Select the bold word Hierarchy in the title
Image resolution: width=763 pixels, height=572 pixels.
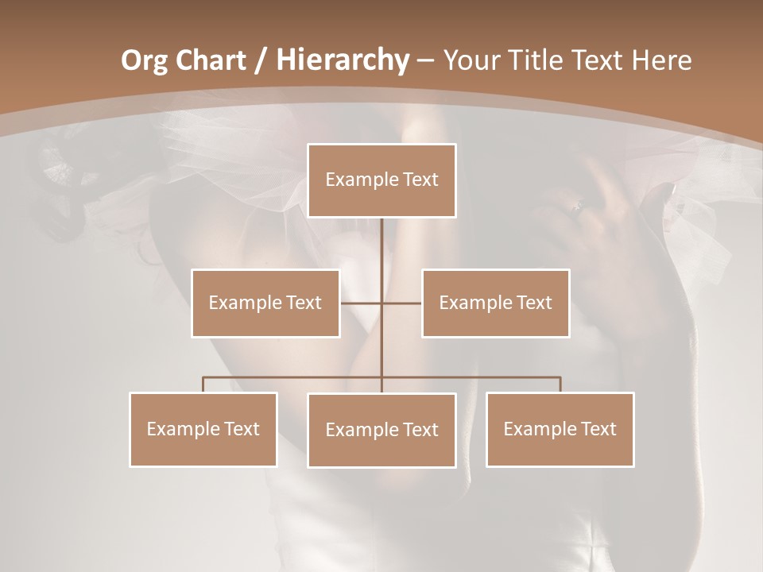[x=342, y=60]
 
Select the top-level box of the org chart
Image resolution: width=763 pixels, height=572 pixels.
[x=381, y=180]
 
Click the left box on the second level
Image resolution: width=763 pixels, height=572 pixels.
[x=265, y=303]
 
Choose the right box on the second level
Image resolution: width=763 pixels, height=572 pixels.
[x=495, y=303]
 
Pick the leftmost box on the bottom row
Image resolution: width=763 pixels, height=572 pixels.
[x=203, y=429]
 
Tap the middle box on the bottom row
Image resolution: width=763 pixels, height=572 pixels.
[x=381, y=430]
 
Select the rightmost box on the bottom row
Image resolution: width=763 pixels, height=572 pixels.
[x=560, y=429]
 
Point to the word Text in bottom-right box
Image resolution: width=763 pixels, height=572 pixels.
[x=598, y=429]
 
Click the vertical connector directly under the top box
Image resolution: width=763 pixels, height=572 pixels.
[x=381, y=246]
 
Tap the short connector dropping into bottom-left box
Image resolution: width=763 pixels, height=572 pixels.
[x=203, y=385]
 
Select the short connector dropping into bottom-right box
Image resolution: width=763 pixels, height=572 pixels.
[x=560, y=385]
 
